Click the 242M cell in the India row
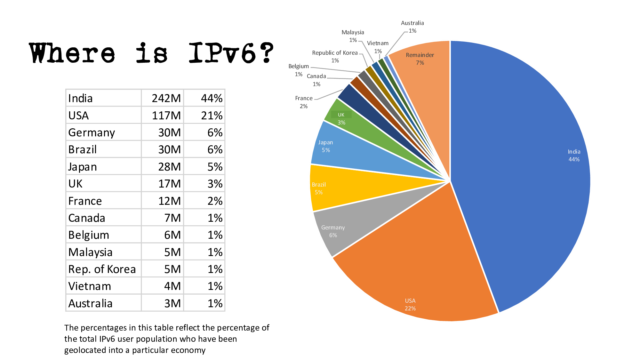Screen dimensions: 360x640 pos(166,98)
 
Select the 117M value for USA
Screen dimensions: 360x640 pos(166,116)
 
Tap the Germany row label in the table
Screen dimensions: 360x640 pos(92,132)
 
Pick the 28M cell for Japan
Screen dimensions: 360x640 pos(169,167)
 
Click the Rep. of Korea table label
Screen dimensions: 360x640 pos(102,269)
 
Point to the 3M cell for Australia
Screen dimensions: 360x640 pos(172,303)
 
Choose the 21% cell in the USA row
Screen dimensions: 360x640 pos(212,116)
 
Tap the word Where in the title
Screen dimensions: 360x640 pos(72,53)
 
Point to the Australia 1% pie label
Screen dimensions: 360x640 pos(412,27)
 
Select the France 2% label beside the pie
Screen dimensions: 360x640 pos(304,102)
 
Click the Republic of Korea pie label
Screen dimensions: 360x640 pos(335,56)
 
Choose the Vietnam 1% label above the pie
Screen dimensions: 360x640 pos(378,47)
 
